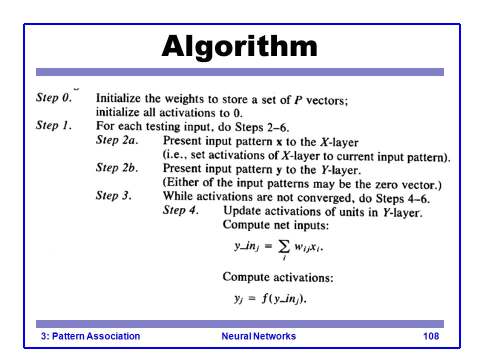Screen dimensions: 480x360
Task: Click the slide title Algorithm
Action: tap(239, 47)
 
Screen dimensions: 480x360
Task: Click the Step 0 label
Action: tap(54, 97)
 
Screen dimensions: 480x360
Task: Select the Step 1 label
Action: tap(54, 125)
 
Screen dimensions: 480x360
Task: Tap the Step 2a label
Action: tap(117, 140)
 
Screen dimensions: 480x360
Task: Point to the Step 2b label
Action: tap(117, 167)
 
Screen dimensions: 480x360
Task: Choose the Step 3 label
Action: tap(114, 195)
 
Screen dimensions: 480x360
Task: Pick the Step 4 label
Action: tap(180, 210)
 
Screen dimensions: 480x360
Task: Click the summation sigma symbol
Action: tap(284, 246)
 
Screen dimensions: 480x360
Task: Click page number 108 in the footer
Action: tap(430, 336)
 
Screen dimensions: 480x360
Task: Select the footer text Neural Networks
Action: tap(258, 336)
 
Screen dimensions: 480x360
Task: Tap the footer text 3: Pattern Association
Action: tap(90, 336)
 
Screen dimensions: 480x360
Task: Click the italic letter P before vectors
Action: tap(298, 100)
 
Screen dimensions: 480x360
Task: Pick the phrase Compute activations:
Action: tap(278, 277)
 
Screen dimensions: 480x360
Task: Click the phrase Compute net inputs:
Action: tap(276, 225)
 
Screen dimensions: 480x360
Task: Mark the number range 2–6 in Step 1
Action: tap(278, 127)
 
